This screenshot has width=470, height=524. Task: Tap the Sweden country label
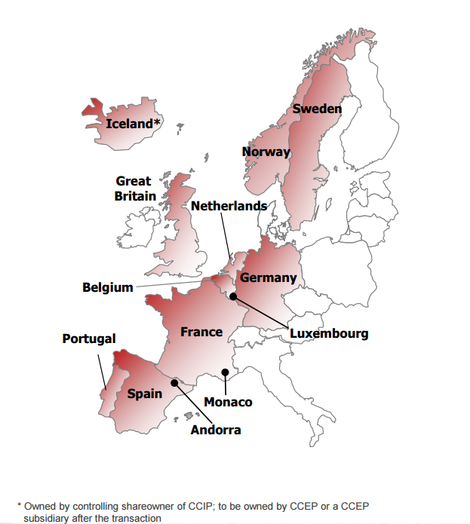tap(317, 109)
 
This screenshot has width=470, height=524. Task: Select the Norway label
tap(266, 152)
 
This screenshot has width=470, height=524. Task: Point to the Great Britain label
tap(135, 188)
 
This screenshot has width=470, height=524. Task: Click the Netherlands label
tap(229, 206)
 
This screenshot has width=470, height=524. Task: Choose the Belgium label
tap(107, 287)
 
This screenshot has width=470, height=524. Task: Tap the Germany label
tap(268, 278)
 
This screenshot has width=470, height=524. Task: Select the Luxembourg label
tap(329, 333)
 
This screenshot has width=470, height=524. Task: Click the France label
tap(201, 332)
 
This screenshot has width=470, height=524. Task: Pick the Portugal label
tap(89, 339)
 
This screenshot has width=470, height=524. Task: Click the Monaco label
tap(228, 402)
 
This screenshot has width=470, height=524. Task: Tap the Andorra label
tap(216, 430)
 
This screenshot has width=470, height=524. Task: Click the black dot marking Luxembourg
tap(234, 296)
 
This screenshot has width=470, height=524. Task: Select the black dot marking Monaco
tap(225, 372)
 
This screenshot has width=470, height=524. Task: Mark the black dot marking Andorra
tap(175, 382)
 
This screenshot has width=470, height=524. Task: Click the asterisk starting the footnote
tap(20, 505)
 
